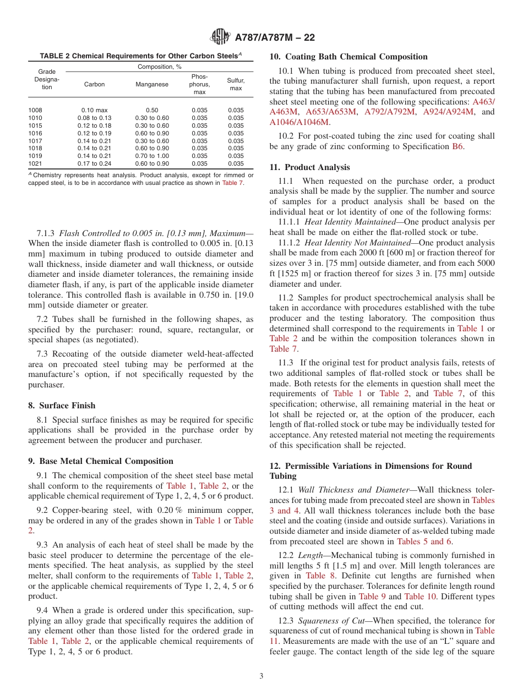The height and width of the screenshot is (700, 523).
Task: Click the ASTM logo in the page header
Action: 220,37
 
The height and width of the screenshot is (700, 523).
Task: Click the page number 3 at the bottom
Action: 261,676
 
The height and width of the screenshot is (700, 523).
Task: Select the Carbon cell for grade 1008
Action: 94,110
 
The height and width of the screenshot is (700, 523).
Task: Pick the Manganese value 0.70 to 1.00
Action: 152,156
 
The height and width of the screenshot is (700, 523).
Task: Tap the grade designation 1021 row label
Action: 35,164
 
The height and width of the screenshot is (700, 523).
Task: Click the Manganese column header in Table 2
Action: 152,84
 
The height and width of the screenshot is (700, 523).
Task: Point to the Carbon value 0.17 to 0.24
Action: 94,164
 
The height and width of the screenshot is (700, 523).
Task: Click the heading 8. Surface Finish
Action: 62,406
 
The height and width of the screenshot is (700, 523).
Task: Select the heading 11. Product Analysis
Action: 309,167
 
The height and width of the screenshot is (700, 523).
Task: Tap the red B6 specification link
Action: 457,146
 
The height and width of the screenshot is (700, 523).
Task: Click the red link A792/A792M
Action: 391,112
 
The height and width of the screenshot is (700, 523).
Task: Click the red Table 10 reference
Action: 422,597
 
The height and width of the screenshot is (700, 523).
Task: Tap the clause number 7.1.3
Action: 46,233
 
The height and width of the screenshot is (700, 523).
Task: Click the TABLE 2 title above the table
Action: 140,56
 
